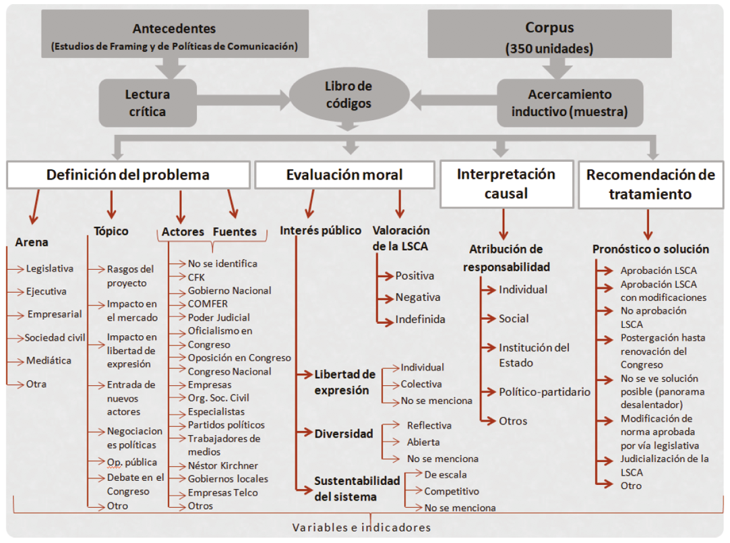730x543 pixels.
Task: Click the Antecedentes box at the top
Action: click(174, 36)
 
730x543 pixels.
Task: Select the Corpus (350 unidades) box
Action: click(549, 36)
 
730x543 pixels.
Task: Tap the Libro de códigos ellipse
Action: click(348, 95)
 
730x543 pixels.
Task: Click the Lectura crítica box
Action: click(148, 103)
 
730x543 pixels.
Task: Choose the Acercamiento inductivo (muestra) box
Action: click(570, 103)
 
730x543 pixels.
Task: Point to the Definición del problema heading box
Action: click(128, 175)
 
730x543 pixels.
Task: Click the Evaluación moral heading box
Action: click(344, 175)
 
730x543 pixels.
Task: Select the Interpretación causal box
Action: click(506, 183)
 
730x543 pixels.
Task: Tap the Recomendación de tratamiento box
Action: click(650, 184)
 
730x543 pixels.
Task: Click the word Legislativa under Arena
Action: click(50, 268)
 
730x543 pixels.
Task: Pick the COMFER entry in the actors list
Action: click(208, 304)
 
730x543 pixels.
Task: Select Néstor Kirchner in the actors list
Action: click(222, 465)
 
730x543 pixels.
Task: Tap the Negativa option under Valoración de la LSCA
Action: click(417, 297)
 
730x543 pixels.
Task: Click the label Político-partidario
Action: click(544, 392)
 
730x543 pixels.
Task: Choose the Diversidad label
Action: click(344, 434)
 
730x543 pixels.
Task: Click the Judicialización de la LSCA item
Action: click(664, 465)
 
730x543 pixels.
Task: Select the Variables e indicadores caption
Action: click(361, 527)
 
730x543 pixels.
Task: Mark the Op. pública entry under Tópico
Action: click(132, 462)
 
